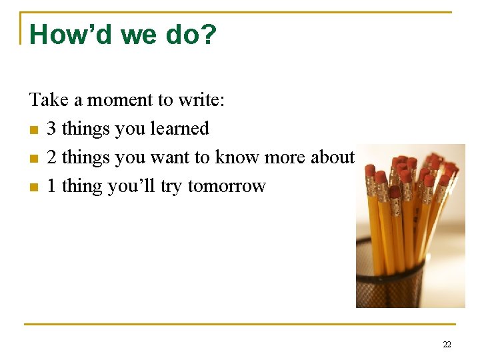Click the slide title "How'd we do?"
pos(123,35)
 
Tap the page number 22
pos(447,345)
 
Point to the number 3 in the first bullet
pos(52,129)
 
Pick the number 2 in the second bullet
pos(52,157)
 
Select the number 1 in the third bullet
pos(52,186)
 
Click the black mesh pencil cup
pos(390,277)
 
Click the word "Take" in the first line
pos(49,100)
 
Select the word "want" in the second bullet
pos(170,157)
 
